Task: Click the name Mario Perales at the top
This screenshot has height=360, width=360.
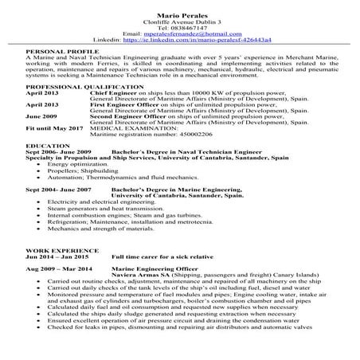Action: tap(180, 6)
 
